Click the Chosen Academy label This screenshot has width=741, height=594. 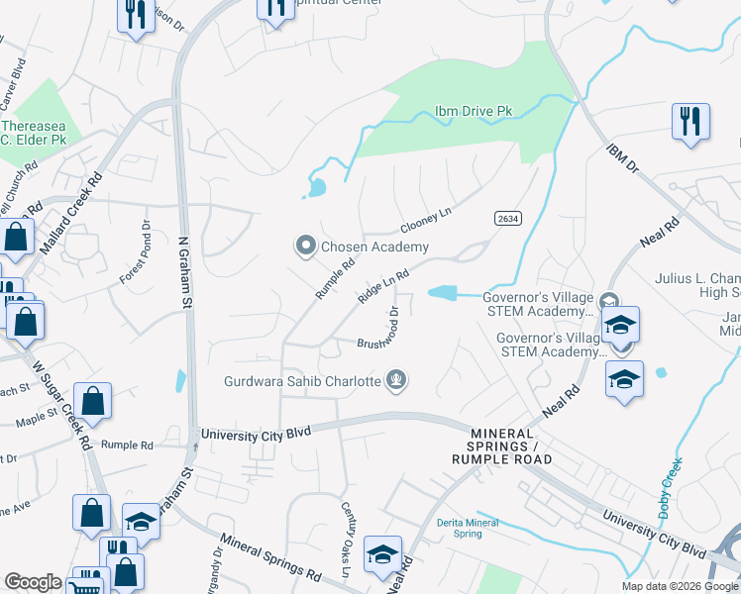(374, 247)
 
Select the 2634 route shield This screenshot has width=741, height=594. (506, 218)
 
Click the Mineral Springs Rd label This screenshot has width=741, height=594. (270, 557)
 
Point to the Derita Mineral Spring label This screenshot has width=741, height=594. (460, 528)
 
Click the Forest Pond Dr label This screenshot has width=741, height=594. (135, 252)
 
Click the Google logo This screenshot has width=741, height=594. (33, 582)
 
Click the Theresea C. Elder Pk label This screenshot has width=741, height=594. (36, 133)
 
